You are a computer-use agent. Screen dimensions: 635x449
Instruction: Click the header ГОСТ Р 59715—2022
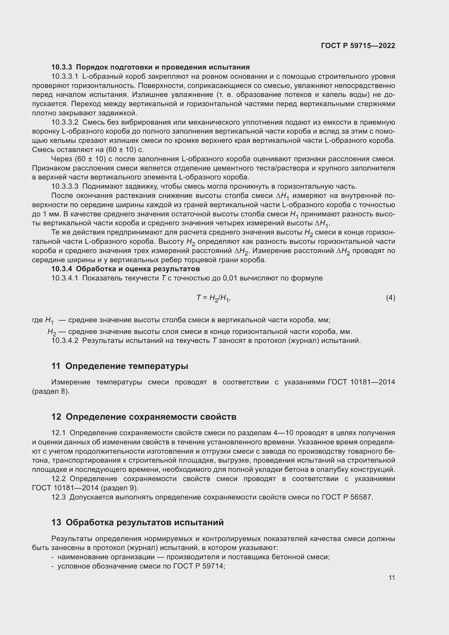[x=358, y=46]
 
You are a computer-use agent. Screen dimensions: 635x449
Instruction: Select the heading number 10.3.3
[x=61, y=67]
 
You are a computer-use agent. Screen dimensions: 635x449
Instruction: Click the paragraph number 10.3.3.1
[x=65, y=76]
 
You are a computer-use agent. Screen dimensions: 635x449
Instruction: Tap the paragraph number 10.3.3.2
[x=65, y=122]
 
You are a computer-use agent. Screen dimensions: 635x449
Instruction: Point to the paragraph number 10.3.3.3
[x=65, y=187]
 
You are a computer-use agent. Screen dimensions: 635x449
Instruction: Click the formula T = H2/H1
[x=213, y=298]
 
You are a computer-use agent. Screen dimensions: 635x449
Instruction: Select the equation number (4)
[x=390, y=298]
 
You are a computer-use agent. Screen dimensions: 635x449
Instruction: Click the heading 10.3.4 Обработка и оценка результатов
[x=125, y=269]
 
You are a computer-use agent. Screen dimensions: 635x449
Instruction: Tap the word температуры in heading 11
[x=158, y=366]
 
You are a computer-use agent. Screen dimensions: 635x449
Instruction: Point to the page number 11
[x=391, y=578]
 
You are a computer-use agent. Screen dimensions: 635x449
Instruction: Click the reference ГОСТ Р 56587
[x=347, y=497]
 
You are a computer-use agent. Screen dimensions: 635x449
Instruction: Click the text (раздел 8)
[x=51, y=391]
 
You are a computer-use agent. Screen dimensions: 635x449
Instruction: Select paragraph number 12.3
[x=58, y=497]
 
